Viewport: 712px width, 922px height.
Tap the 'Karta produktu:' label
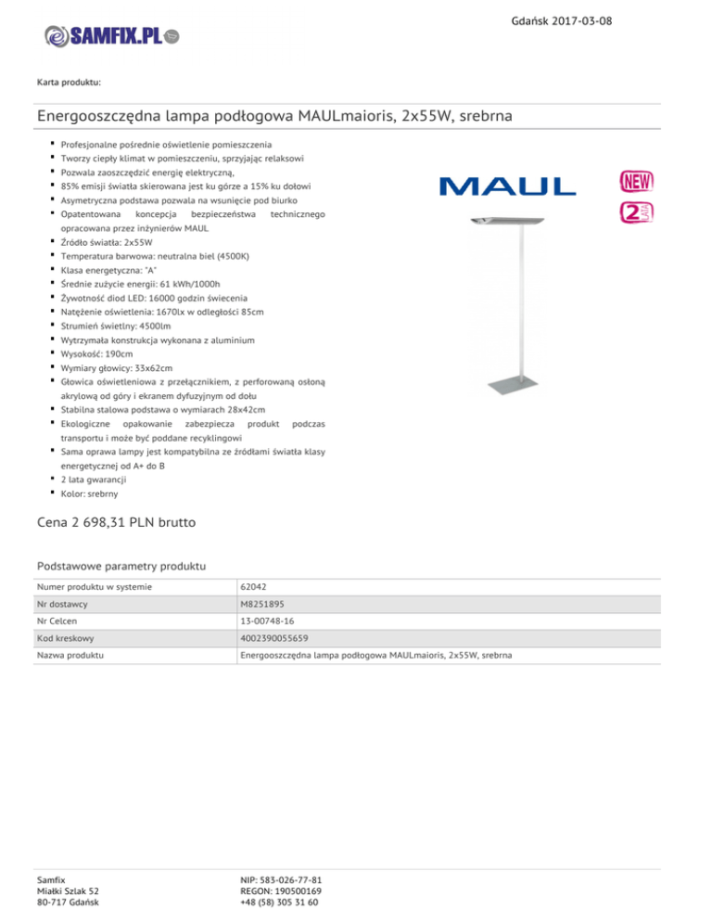click(69, 83)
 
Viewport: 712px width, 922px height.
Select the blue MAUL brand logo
click(507, 186)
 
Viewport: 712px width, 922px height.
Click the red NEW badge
click(636, 179)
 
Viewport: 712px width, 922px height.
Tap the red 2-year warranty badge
click(636, 211)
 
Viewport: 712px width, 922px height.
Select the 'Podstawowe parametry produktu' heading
click(121, 565)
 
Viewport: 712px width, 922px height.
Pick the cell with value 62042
click(254, 588)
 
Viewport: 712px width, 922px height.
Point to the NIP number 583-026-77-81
click(280, 878)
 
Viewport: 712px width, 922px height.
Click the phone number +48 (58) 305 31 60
click(278, 903)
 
